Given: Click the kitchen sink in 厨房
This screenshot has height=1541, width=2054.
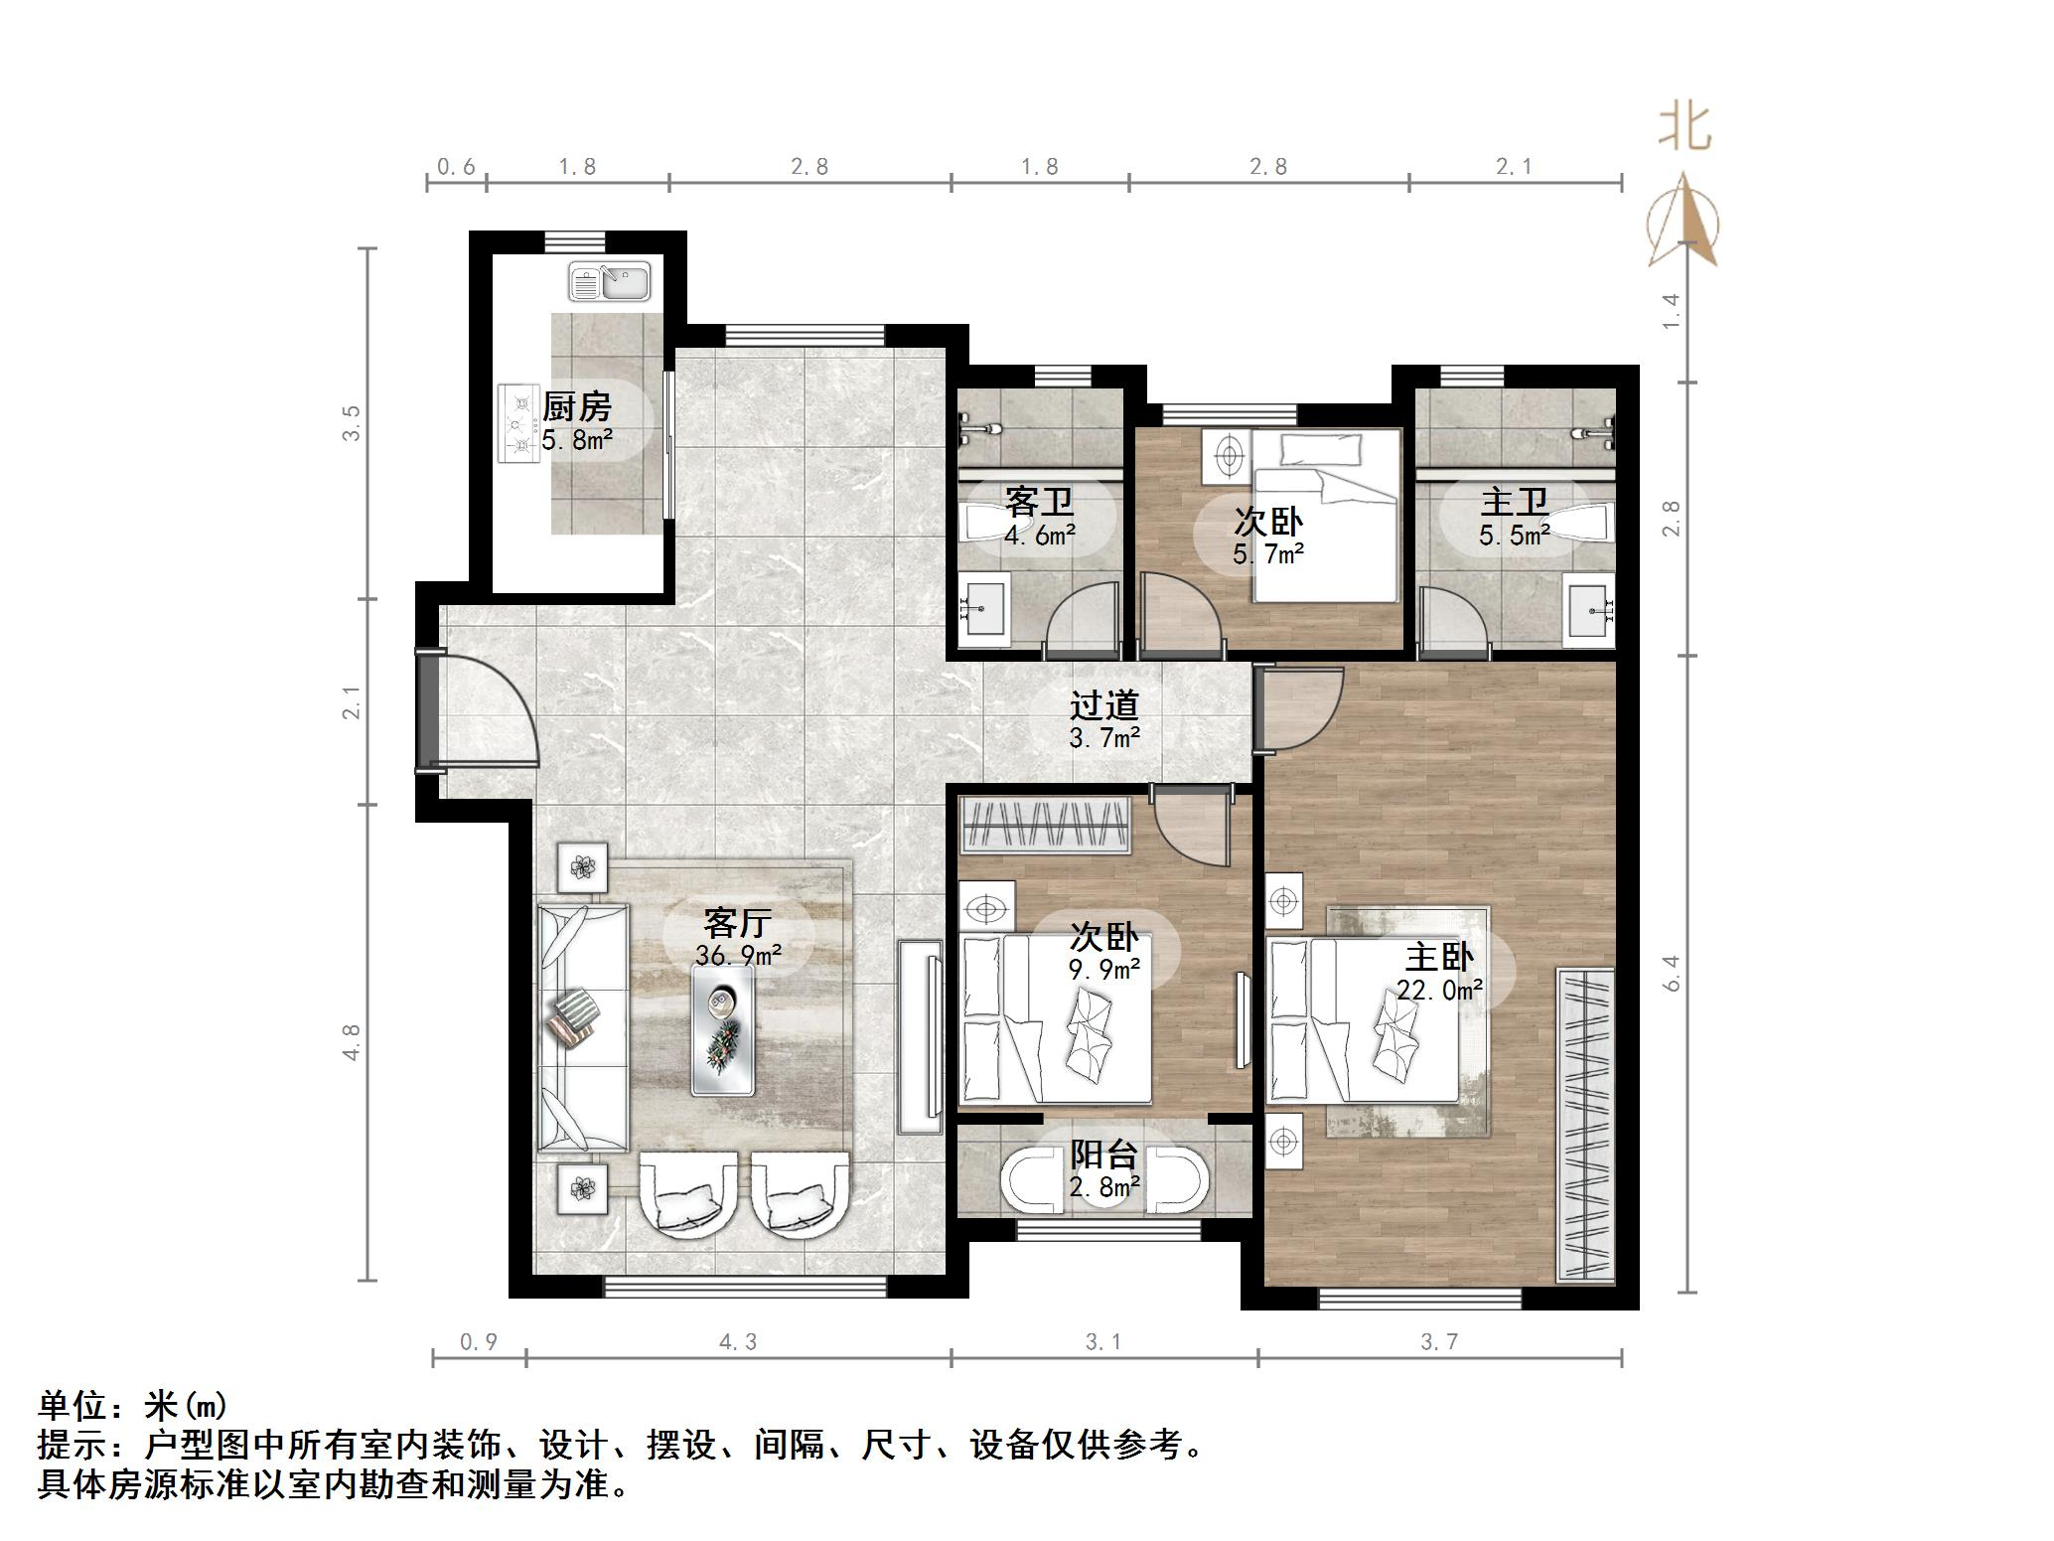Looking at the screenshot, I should tap(609, 282).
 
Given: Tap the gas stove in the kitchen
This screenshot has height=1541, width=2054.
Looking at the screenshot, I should tap(516, 424).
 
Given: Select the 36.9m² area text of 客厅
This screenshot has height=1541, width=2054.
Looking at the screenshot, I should tap(738, 956).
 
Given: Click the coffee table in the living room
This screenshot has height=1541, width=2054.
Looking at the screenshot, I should tap(723, 1031).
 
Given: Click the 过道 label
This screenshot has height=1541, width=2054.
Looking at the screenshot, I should tap(1103, 705).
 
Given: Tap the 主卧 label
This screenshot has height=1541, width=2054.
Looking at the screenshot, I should tap(1438, 958).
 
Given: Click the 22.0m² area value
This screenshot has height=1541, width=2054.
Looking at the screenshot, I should tap(1439, 990).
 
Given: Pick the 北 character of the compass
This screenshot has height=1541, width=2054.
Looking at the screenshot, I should tap(1685, 127).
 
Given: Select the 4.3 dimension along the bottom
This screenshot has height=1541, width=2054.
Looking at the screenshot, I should tap(738, 1342).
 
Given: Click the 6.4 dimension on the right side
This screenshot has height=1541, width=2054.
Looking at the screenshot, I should tap(1673, 972).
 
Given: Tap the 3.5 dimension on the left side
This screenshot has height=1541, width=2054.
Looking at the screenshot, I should tap(352, 423).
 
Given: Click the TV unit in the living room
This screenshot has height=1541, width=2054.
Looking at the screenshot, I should tap(920, 1035).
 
